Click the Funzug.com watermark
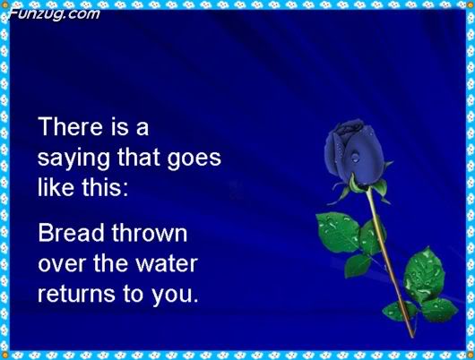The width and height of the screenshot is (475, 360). [55, 14]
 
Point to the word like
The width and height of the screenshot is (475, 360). [56, 187]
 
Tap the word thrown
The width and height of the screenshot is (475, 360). [150, 233]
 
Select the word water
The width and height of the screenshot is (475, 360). [167, 263]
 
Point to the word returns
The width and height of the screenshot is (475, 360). [76, 295]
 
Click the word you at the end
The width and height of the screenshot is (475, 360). [172, 296]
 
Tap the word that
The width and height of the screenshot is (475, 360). [138, 157]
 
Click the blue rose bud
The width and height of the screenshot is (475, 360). [354, 152]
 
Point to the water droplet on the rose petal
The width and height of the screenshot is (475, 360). [355, 158]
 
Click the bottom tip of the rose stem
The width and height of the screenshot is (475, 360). [412, 337]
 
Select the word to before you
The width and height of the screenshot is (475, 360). [133, 295]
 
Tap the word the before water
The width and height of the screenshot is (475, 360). [110, 262]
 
